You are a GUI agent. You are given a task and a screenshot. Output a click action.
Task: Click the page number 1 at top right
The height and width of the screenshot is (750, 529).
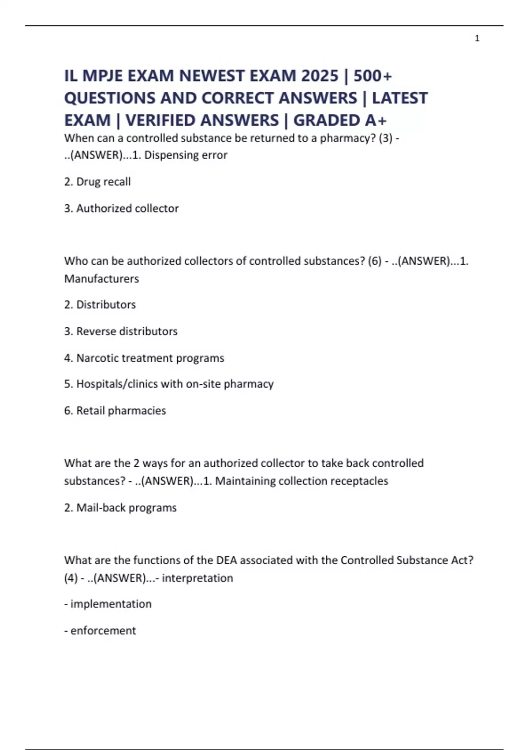click(x=477, y=38)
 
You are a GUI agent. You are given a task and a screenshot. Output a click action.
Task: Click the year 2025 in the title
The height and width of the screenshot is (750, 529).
click(x=320, y=76)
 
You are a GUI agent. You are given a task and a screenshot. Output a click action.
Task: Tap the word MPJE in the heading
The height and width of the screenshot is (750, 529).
click(x=102, y=76)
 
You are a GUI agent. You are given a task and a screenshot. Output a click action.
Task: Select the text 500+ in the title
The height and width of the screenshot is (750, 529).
click(x=373, y=76)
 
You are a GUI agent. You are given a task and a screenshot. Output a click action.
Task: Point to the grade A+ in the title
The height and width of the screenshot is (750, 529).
click(x=376, y=120)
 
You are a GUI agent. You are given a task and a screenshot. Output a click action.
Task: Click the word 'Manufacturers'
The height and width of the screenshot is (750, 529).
click(x=101, y=279)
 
